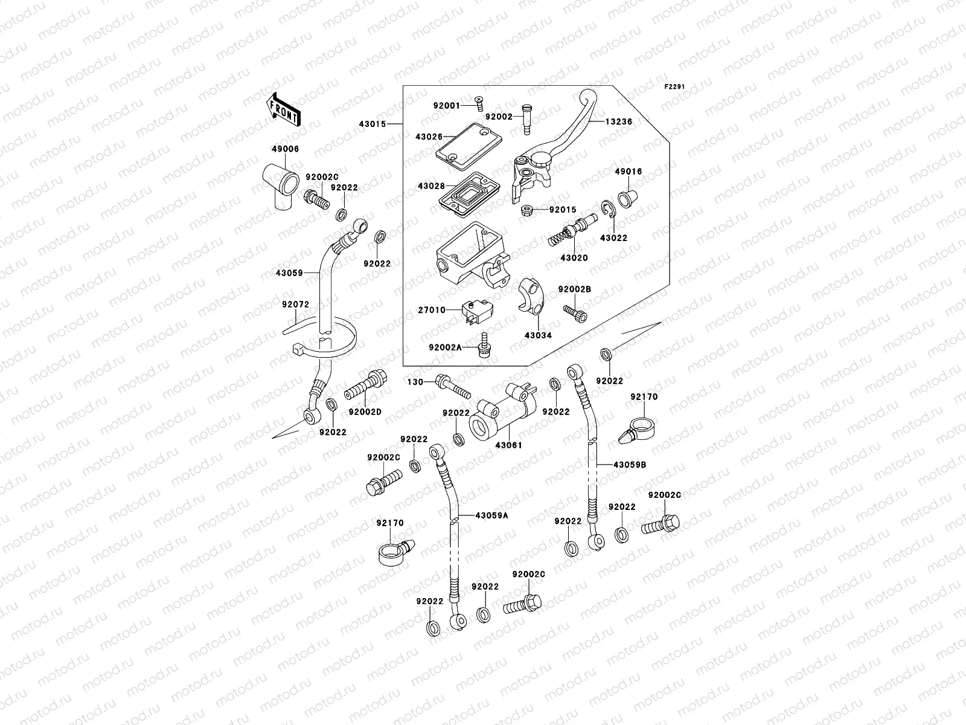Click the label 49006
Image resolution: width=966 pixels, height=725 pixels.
pyautogui.click(x=284, y=149)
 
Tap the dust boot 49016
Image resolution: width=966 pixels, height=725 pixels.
pyautogui.click(x=626, y=198)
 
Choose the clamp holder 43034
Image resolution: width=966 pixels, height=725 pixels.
pyautogui.click(x=531, y=297)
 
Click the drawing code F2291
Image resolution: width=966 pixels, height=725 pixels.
pyautogui.click(x=675, y=87)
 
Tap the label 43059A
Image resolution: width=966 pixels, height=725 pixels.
pyautogui.click(x=491, y=515)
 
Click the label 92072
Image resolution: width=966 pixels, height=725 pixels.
pyautogui.click(x=295, y=304)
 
